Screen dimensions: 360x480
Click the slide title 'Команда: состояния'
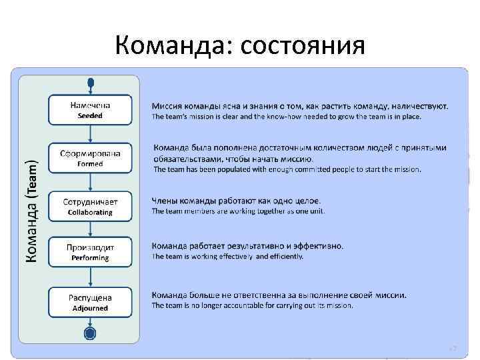point(240,46)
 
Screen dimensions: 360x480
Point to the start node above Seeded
point(91,83)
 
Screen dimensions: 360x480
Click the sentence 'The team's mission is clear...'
point(291,117)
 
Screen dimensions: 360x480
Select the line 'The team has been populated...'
point(287,169)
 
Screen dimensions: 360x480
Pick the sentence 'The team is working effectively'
point(227,256)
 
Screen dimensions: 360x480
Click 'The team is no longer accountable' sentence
point(252,306)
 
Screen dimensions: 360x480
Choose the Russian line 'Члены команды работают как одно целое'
point(236,200)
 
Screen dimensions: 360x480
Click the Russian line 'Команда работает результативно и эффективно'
point(247,245)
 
